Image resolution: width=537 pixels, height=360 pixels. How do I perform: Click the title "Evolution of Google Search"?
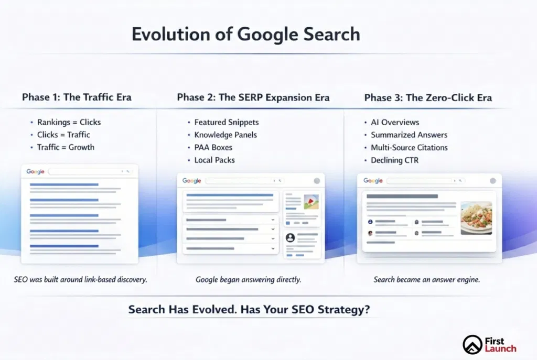[x=246, y=35]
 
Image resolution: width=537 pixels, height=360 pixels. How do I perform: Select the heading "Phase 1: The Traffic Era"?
[x=77, y=97]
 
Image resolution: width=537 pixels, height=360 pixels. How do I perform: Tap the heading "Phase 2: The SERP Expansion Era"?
[x=253, y=97]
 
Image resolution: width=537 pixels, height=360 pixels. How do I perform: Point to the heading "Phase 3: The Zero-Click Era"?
[x=428, y=98]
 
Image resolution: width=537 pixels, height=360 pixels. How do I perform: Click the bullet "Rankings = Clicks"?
[x=69, y=122]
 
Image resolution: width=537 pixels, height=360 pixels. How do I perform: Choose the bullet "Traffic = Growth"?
[x=66, y=147]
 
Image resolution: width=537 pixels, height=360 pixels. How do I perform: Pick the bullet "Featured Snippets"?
[x=227, y=122]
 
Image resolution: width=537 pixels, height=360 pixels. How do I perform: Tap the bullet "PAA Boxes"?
[x=213, y=147]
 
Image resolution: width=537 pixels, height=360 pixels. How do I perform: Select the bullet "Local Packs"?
[x=214, y=160]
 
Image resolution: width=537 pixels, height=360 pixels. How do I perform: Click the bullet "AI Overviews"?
[x=395, y=122]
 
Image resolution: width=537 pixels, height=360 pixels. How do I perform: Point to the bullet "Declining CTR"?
[x=394, y=160]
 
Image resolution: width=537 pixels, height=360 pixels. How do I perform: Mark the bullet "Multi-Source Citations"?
[x=409, y=147]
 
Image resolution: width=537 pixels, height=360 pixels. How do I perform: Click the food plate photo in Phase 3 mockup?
[x=476, y=218]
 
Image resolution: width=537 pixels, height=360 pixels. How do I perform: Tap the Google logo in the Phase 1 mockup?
[x=35, y=171]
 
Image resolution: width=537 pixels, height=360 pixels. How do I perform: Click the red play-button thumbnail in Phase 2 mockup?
[x=312, y=202]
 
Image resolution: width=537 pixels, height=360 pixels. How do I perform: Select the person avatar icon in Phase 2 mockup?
[x=290, y=237]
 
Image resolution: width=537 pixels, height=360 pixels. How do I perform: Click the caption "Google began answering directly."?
[x=248, y=280]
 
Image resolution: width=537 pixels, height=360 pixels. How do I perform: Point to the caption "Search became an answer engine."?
[x=427, y=280]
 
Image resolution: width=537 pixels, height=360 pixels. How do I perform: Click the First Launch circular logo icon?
[x=472, y=344]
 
